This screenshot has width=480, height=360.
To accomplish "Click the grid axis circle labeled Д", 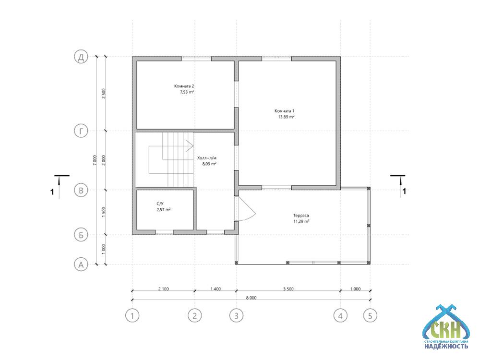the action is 81,57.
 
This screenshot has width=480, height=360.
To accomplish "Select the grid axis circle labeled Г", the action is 81,131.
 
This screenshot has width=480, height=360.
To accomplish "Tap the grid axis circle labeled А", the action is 81,264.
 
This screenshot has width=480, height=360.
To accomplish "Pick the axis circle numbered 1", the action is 132,315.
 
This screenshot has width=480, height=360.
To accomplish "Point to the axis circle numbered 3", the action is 236,315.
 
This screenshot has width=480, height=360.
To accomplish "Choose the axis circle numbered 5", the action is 370,315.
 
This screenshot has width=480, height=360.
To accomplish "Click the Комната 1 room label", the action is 284,111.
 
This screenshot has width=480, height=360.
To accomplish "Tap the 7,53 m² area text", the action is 187,92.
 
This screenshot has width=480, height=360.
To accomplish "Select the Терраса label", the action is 301,216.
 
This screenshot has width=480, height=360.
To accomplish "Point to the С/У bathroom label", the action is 160,204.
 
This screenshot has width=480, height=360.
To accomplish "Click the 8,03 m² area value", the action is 209,164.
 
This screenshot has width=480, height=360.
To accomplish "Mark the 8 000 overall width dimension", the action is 251,298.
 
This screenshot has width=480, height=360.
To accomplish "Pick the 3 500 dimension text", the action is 288,288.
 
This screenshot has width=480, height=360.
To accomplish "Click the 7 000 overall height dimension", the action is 95,160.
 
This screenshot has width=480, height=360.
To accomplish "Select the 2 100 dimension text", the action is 164,288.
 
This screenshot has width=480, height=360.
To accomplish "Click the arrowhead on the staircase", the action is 190,146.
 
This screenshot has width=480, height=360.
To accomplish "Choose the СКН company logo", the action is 446,327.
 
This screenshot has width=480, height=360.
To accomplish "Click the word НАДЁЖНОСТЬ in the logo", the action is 446,347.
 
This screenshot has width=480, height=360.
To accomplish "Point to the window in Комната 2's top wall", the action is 196,58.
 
